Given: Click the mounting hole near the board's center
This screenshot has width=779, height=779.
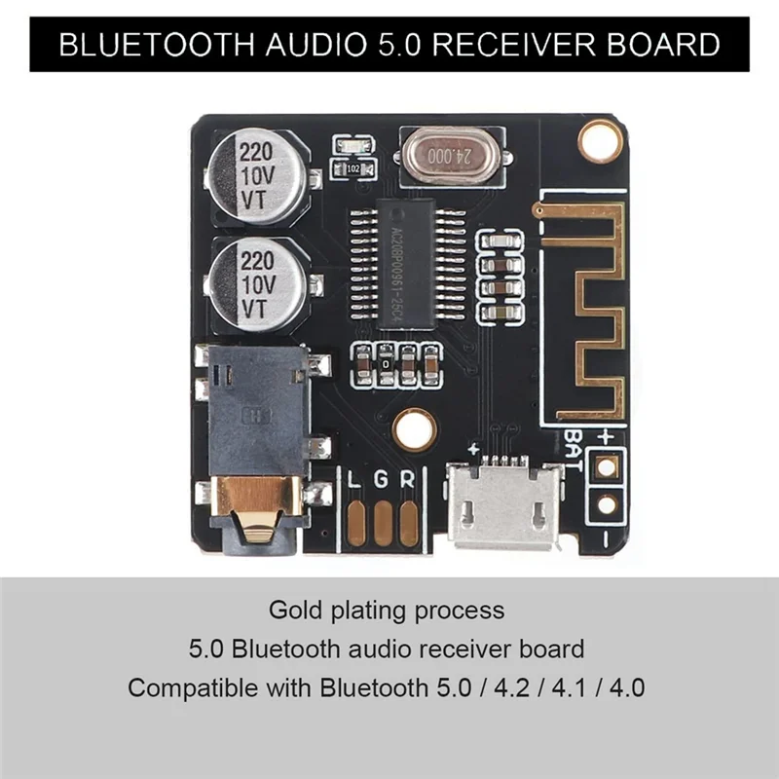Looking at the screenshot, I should point(415,427).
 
